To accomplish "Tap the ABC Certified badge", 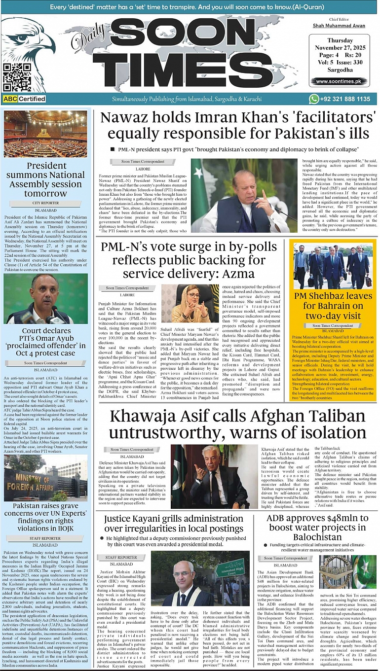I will pyautogui.click(x=24, y=99).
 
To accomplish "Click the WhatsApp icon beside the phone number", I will pyautogui.click(x=314, y=99).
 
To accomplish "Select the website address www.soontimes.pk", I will pyautogui.click(x=340, y=81).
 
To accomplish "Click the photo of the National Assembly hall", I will pyautogui.click(x=45, y=133).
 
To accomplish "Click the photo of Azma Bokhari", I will pyautogui.click(x=190, y=303).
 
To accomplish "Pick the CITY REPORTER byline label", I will pyautogui.click(x=45, y=203).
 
